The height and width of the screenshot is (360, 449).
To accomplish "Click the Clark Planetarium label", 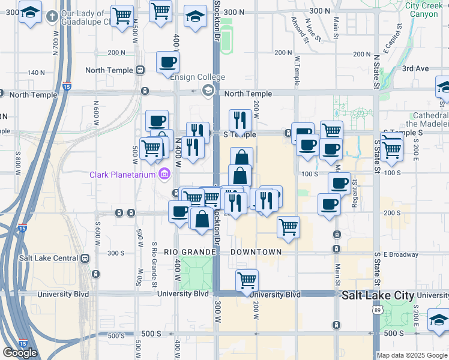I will point(123,175).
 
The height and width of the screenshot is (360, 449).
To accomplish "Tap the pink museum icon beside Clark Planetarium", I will point(163,175).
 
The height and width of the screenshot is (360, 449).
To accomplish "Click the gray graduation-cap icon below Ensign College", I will point(208,91).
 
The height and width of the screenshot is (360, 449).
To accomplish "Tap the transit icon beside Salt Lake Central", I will point(85,258).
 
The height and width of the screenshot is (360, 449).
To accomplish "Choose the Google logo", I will point(20,353).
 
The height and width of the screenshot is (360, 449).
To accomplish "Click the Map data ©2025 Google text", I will point(412,355).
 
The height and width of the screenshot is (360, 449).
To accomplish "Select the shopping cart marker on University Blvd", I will point(247,280).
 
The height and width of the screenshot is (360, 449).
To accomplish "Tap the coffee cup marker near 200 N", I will point(167,61).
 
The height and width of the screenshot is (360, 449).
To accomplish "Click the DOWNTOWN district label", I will point(256,252).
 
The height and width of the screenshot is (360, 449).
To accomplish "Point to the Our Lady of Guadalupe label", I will point(85,18).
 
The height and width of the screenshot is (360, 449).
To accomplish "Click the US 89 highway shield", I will point(377,310).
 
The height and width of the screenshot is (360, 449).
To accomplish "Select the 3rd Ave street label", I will point(415,68).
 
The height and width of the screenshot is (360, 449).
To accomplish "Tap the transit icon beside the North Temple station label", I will point(140,70).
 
